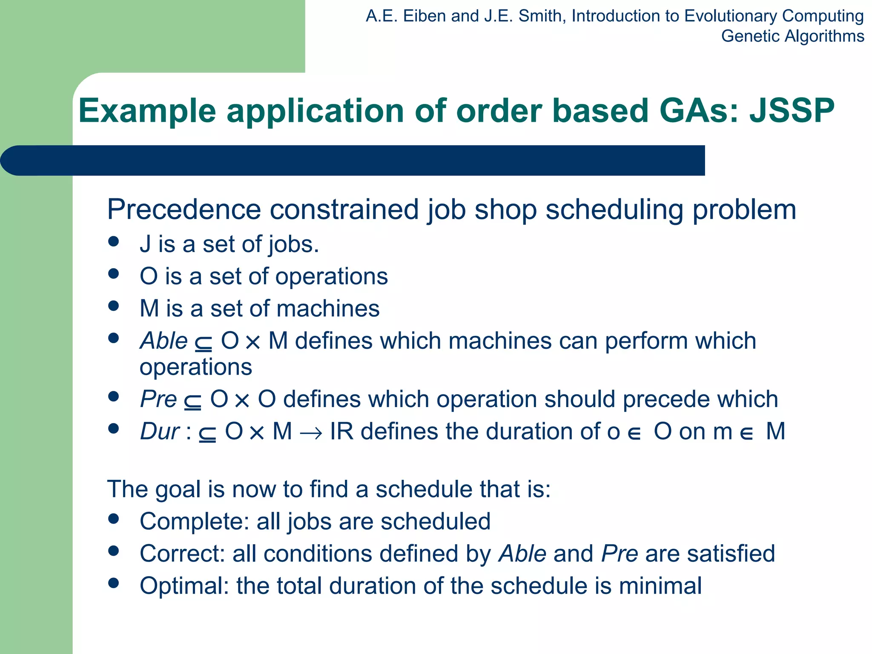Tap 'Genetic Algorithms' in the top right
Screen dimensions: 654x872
click(792, 36)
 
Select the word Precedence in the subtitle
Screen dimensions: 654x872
click(184, 209)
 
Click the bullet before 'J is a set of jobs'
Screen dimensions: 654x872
click(113, 242)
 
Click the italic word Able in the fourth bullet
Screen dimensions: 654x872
click(164, 341)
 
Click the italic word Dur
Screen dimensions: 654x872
click(160, 431)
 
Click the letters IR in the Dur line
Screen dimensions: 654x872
click(341, 431)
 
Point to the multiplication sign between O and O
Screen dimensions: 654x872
click(242, 401)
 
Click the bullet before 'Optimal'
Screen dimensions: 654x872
click(113, 583)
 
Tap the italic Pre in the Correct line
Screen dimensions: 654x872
click(620, 554)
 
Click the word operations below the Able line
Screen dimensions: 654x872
click(196, 367)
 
